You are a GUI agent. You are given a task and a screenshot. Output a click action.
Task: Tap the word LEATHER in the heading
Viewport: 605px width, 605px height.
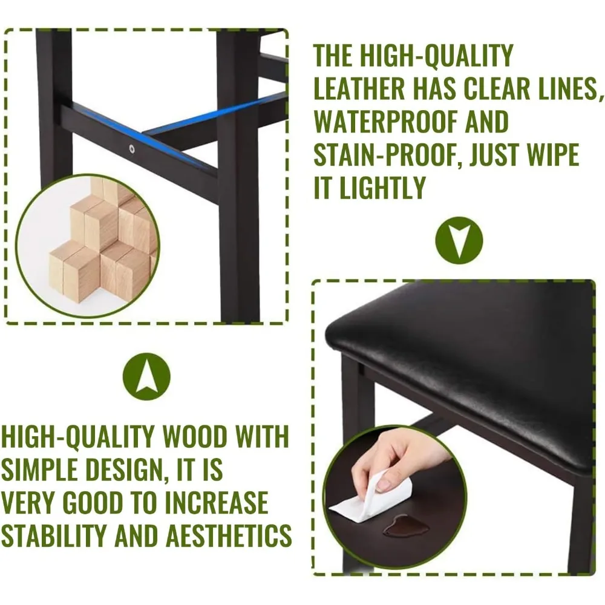(359, 88)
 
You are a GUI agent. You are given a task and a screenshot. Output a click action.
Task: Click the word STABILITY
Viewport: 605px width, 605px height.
(53, 535)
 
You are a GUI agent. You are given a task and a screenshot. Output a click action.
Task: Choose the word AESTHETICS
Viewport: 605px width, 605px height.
(229, 535)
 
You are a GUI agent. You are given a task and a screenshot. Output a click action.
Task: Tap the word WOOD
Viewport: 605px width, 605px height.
(195, 437)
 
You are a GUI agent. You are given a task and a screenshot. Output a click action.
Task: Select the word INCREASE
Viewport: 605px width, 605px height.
(217, 502)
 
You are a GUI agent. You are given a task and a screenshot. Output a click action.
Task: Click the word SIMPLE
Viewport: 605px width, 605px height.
(39, 469)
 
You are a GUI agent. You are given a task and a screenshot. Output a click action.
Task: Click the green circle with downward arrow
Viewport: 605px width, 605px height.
(459, 240)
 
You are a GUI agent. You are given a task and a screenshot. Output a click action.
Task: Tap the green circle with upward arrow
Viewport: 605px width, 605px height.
(146, 376)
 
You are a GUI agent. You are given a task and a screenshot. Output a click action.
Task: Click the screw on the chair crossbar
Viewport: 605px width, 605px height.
(132, 149)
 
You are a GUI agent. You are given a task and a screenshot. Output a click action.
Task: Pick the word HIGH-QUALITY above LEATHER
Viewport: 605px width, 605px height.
(413, 56)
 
